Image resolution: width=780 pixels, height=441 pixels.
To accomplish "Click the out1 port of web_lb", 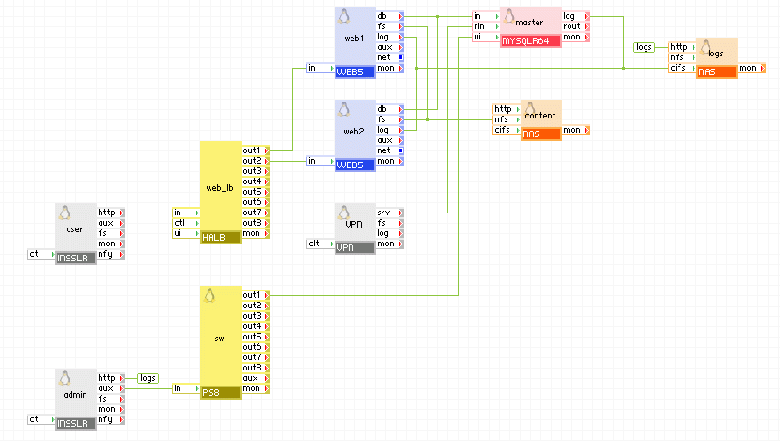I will pos(252,150).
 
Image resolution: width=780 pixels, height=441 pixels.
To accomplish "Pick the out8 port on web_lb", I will pos(252,223).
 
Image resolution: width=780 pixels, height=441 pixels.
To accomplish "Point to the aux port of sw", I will pos(252,378).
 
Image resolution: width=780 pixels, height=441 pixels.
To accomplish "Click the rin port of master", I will pos(479,26).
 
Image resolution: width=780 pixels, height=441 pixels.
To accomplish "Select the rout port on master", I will pos(572,26).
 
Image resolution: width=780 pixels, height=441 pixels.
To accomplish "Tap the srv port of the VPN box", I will pos(384,213).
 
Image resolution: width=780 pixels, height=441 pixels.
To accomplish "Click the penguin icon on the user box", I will pos(66,212).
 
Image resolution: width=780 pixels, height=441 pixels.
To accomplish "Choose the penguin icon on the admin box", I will pos(66,377).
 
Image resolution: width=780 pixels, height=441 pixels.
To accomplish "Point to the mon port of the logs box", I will pos(748,68).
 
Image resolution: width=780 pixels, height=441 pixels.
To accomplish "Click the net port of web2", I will pos(384,150).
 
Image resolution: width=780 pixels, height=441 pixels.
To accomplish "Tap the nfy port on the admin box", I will pos(106,419).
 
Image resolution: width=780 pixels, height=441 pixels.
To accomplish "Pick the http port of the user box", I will pos(107,213).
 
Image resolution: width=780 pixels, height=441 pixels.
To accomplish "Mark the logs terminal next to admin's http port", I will pos(148,378).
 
